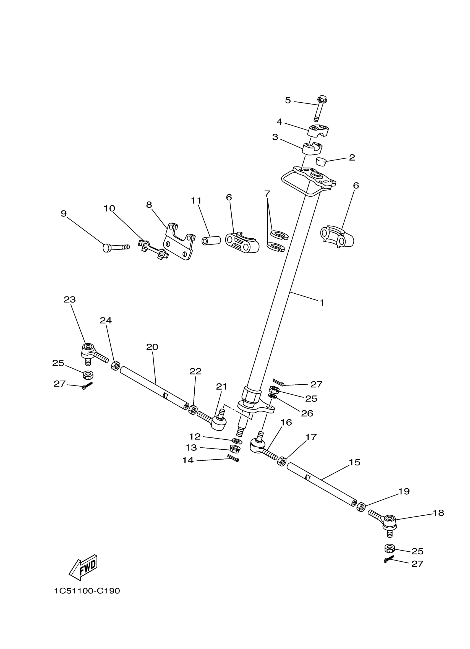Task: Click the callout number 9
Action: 64,213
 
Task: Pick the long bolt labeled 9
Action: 116,247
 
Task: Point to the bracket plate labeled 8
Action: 179,241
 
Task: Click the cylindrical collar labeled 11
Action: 211,240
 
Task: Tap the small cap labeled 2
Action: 321,162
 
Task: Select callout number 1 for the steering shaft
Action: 322,303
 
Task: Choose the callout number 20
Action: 152,347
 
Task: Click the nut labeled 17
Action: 282,461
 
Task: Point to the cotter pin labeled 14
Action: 233,458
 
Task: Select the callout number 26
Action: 307,413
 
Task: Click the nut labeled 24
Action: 115,366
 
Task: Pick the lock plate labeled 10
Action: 153,249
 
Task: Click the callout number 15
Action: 354,462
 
